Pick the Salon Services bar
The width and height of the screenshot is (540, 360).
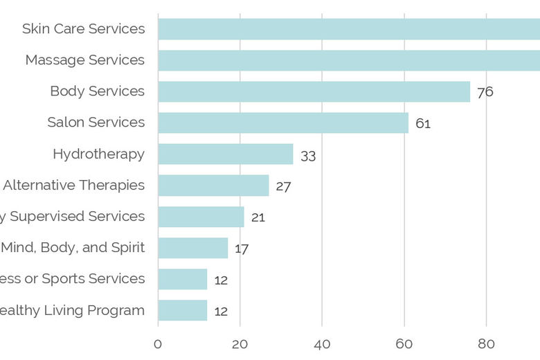tap(283, 123)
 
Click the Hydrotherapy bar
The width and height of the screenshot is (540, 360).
tap(226, 154)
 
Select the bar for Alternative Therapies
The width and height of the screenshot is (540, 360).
tap(213, 185)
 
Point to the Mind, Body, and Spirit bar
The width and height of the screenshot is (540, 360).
tap(192, 248)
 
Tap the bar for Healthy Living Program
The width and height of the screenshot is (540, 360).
tap(183, 310)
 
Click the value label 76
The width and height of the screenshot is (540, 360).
tap(485, 92)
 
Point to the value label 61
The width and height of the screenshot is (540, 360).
tap(423, 124)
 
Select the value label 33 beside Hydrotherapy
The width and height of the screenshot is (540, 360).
tap(308, 156)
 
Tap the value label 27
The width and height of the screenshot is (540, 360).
tap(283, 186)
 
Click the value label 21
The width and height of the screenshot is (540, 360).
tap(258, 217)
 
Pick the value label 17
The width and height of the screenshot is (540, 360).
tap(241, 249)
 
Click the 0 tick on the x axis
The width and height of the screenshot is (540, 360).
tap(158, 344)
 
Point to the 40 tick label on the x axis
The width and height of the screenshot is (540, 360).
tap(322, 344)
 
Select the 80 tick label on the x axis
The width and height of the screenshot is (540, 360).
tap(486, 344)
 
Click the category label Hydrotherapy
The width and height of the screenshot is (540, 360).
tap(98, 154)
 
